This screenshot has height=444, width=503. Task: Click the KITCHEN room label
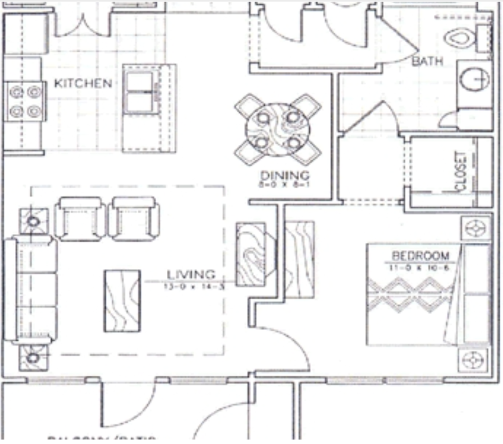tap(83, 84)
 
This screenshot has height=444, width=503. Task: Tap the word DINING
tap(285, 175)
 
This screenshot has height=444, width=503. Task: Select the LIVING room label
tap(191, 275)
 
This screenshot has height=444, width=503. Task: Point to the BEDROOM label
tap(420, 255)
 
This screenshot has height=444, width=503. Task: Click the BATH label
tap(427, 61)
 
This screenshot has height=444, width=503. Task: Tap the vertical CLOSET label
tap(461, 172)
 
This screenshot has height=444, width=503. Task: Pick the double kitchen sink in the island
tap(140, 92)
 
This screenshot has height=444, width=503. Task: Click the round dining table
tap(277, 129)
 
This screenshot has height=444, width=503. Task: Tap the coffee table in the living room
tap(122, 301)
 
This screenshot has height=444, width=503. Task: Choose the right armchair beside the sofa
tap(134, 219)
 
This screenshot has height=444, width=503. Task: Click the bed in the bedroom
tap(427, 295)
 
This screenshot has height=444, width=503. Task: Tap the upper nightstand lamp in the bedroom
tap(475, 228)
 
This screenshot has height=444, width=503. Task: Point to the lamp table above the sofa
tap(33, 221)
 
